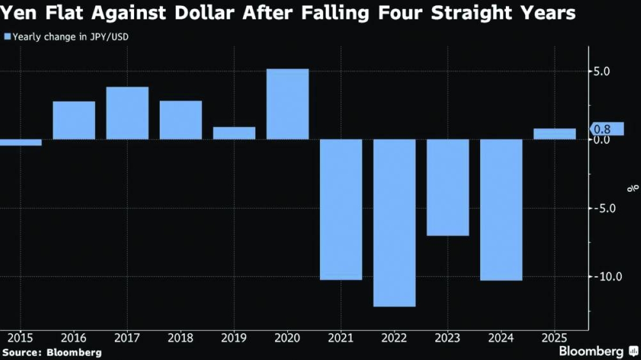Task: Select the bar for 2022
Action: coord(394,223)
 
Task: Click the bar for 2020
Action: coord(287,104)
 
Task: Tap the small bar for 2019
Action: coord(234,133)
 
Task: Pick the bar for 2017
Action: coord(127,113)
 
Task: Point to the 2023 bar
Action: coord(448,187)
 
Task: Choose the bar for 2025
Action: coord(554,134)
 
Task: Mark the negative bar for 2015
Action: coord(20,143)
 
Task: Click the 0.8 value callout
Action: coord(607,129)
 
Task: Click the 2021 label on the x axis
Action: coord(341,338)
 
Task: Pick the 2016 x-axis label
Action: coord(74,338)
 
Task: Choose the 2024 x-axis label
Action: coord(501,338)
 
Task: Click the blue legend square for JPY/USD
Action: coord(7,37)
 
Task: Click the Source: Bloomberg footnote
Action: coord(51,353)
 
